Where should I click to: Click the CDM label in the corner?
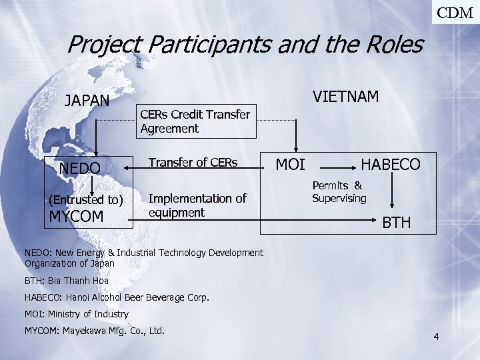(x=456, y=11)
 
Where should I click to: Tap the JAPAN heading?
(x=87, y=101)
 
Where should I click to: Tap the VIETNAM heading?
(x=346, y=97)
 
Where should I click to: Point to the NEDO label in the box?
(x=80, y=167)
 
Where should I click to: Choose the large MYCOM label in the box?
(x=77, y=216)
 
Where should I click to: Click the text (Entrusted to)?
(x=86, y=200)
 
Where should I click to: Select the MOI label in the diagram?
(x=291, y=164)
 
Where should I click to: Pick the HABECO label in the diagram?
(x=390, y=164)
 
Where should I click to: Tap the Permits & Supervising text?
(x=339, y=192)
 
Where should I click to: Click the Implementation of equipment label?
(x=197, y=205)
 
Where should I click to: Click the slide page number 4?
(x=436, y=337)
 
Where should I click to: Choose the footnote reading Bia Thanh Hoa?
(x=67, y=281)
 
